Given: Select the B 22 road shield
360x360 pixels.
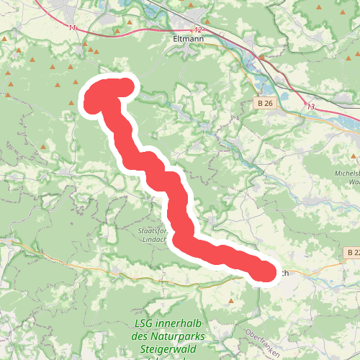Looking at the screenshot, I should point(352,253).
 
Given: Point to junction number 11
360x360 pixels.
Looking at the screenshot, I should point(72,27).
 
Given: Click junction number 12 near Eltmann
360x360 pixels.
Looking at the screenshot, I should point(198,30).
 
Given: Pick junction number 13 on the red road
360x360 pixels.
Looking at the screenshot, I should point(311,107).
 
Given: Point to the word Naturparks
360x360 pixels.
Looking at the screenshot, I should point(180,336).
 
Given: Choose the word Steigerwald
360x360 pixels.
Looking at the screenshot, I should point(170,348).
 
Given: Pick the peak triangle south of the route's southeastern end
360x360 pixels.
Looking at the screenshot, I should point(232,301).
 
